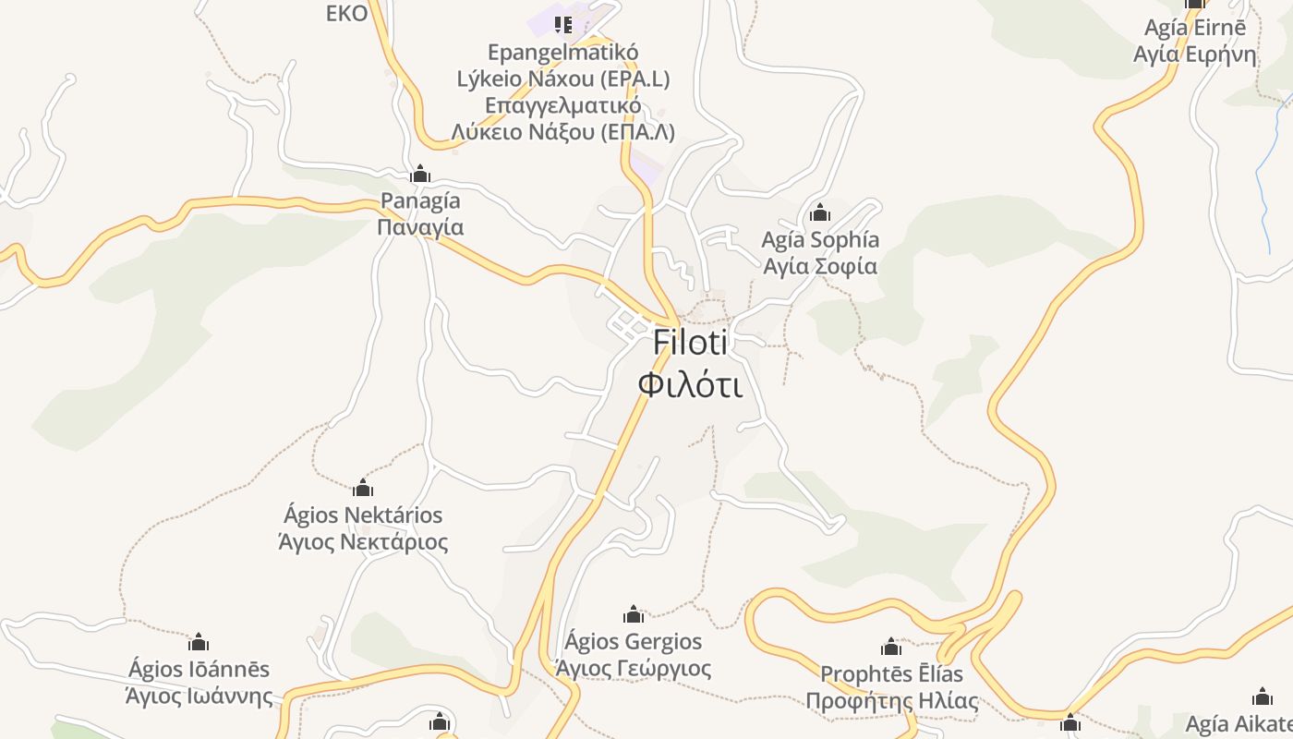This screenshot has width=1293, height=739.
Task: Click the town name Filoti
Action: pos(690,342)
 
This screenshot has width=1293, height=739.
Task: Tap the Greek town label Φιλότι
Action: pos(690,384)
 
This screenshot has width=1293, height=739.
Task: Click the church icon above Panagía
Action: pos(420,174)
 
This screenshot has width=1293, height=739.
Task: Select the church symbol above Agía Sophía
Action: pos(819,213)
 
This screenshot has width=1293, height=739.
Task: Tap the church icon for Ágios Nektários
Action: pos(363,487)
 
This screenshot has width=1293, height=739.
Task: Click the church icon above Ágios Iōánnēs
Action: pos(199,641)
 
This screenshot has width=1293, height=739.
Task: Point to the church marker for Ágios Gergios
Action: pos(633,613)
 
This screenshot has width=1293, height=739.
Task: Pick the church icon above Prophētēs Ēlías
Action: pos(891,646)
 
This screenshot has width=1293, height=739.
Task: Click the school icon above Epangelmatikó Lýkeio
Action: pos(562,24)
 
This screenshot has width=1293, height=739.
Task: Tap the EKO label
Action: pos(347,14)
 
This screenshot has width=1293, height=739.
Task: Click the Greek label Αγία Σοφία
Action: pos(819,266)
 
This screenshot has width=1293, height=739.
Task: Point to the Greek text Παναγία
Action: pos(420,227)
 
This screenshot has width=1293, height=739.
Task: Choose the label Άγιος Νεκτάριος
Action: pos(363,541)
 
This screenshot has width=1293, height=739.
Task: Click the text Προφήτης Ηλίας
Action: pos(891,701)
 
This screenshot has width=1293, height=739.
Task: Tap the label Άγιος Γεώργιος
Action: pos(633,668)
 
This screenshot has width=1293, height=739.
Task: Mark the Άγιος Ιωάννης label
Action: pos(199,696)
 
